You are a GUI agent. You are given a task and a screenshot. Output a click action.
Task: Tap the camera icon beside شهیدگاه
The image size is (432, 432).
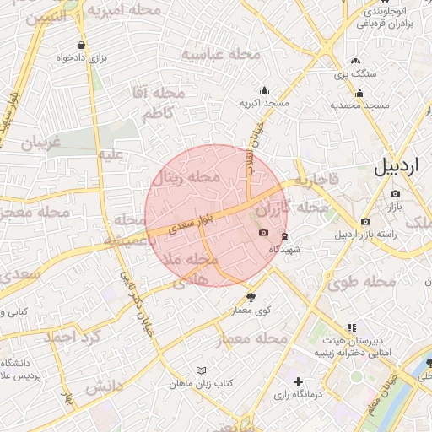coord(263,233)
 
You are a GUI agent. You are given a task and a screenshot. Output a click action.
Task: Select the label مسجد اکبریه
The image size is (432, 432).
coord(265,103)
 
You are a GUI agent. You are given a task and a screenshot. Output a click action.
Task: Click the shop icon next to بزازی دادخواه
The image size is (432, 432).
coord(81,46)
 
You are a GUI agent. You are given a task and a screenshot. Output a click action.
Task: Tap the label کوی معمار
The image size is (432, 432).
coord(251,310)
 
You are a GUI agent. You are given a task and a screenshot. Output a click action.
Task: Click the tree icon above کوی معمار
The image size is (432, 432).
coord(251,297)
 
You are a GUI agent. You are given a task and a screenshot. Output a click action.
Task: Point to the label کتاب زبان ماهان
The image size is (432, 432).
coord(202,383)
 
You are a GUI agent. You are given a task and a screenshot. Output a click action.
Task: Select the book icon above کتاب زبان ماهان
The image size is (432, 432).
coord(200,370)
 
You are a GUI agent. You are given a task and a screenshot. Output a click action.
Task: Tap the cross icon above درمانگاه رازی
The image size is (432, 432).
coord(297,382)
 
